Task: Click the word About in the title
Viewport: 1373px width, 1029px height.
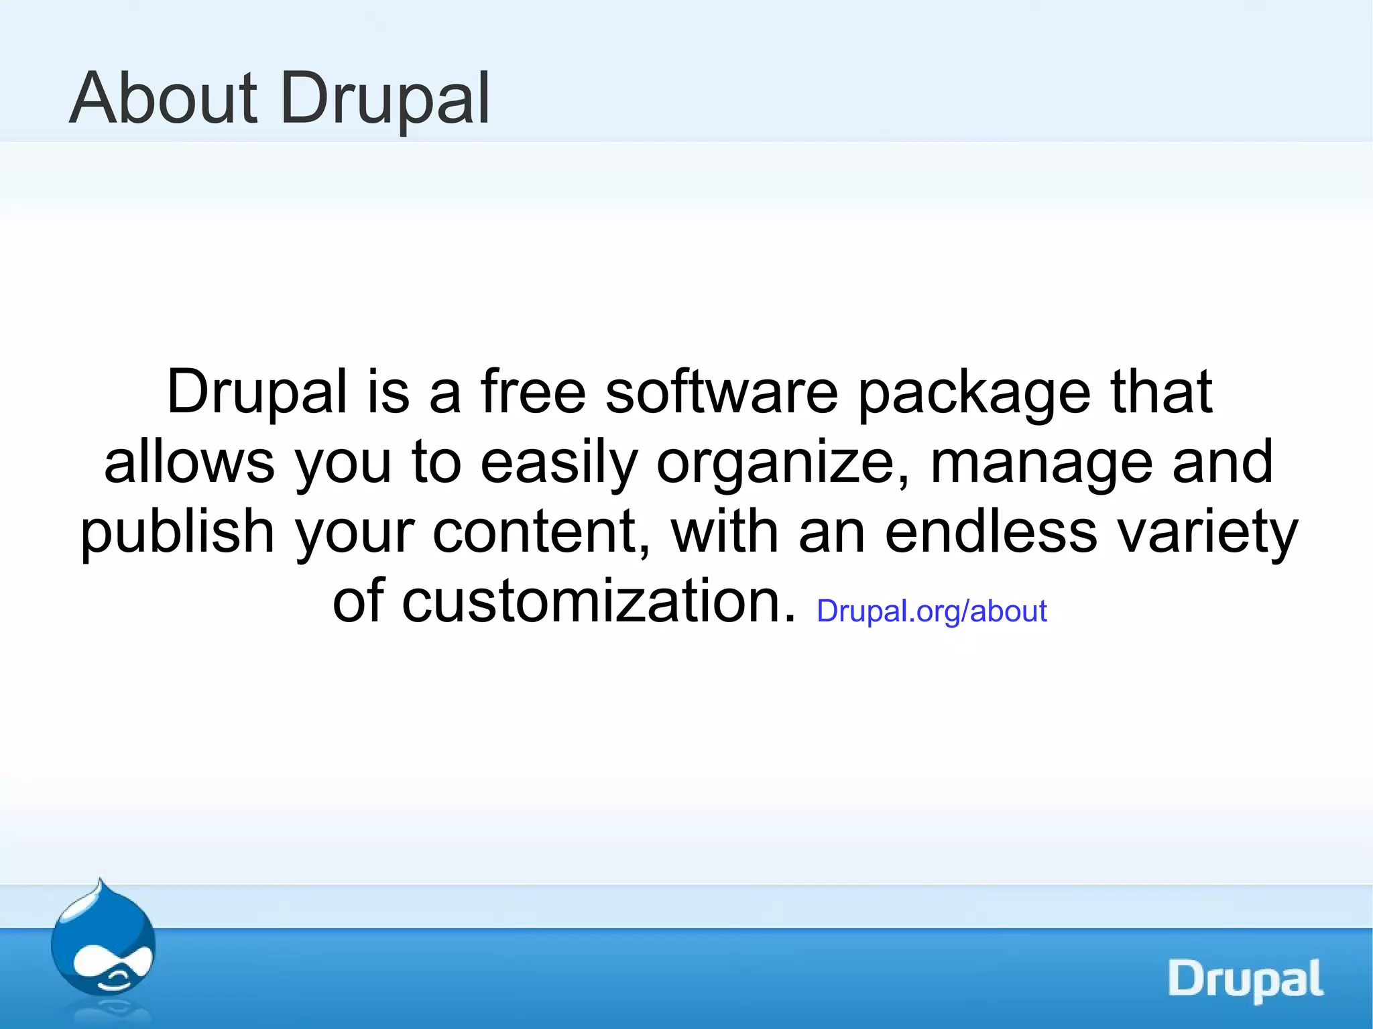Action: click(163, 99)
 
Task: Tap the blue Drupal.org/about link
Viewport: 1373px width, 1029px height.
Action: click(931, 611)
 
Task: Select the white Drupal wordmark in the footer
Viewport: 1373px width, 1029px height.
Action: click(1245, 979)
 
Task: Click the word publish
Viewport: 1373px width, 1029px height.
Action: click(178, 532)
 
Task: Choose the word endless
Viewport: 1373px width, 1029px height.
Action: click(991, 531)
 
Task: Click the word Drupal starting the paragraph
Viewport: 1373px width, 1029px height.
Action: click(257, 394)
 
